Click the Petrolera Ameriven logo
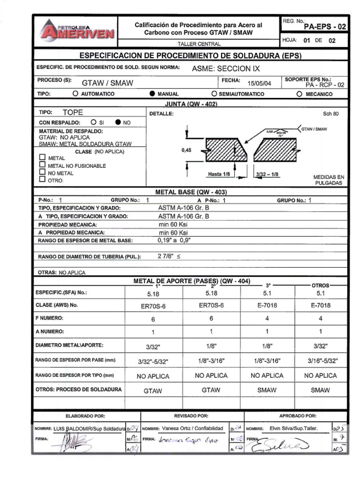click(77, 30)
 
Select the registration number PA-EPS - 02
click(325, 27)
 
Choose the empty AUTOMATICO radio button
click(75, 94)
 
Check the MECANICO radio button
click(299, 94)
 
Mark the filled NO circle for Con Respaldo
click(118, 122)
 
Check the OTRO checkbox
click(42, 179)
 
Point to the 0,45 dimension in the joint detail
click(186, 150)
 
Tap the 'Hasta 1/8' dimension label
click(218, 174)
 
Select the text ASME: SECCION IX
click(225, 68)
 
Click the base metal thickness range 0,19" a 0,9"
click(175, 240)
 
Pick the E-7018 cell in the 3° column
click(267, 305)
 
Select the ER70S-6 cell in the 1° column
click(152, 305)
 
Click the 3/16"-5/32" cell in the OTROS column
click(321, 361)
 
